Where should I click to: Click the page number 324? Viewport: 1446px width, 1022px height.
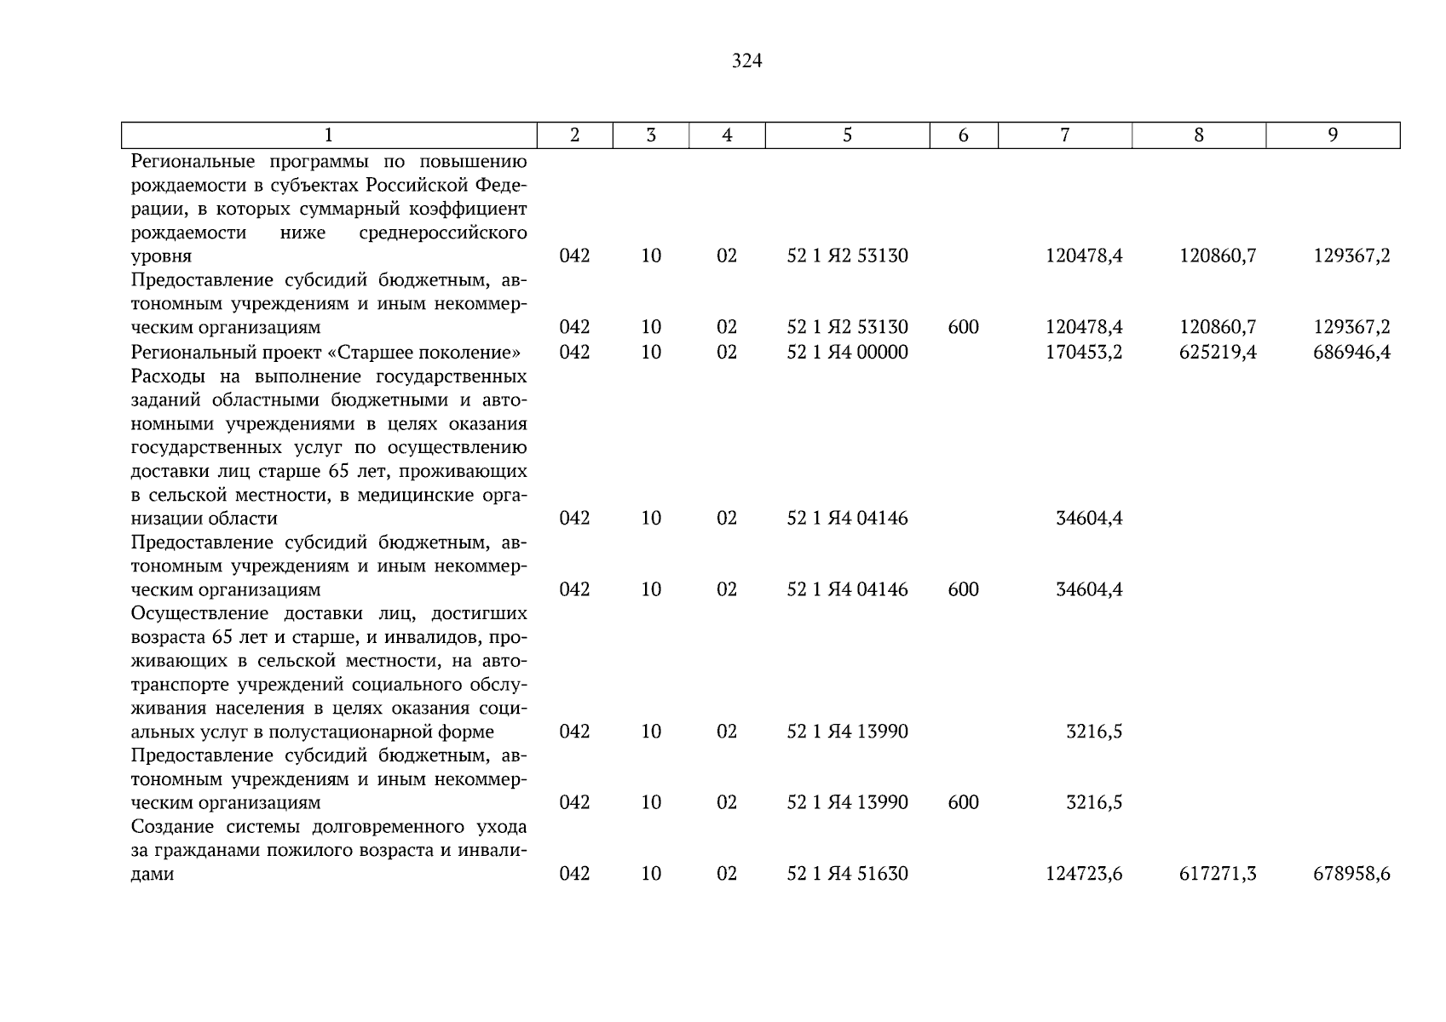coord(746,61)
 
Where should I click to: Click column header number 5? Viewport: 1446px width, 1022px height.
coord(847,135)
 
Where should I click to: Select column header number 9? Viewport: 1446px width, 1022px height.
coord(1333,135)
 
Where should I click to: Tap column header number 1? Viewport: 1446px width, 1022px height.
coord(329,135)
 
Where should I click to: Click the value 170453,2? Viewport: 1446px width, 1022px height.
coord(1084,352)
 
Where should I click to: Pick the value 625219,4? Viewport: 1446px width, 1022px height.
coord(1218,352)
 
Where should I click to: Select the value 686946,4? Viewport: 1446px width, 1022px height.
coord(1351,352)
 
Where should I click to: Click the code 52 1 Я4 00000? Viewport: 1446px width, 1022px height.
coord(847,352)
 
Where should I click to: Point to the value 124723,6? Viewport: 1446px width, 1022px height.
coord(1084,874)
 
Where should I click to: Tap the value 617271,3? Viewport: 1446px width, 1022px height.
coord(1218,874)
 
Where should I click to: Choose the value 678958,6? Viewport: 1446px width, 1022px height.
coord(1351,874)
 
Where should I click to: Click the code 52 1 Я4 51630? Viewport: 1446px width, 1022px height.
coord(847,874)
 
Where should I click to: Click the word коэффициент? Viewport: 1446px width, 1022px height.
coord(473,209)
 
